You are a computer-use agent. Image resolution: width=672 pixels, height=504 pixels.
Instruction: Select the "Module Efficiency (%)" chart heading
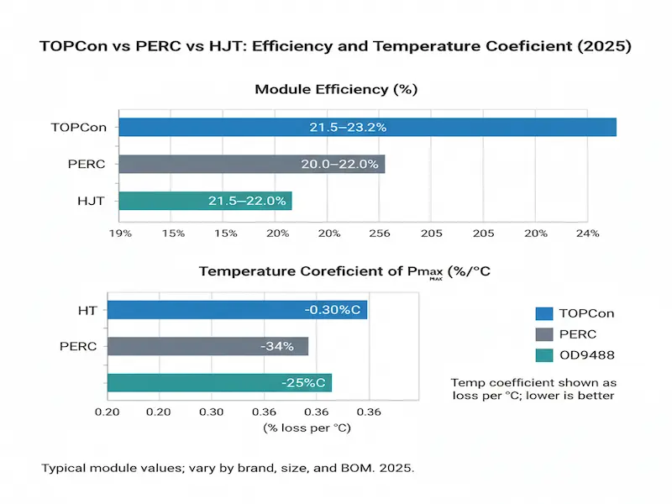336,89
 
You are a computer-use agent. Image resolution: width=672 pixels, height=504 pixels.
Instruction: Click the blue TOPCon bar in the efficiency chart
367,127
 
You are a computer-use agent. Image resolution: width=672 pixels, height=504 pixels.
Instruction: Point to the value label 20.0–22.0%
339,164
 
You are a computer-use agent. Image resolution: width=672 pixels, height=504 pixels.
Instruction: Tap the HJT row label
92,201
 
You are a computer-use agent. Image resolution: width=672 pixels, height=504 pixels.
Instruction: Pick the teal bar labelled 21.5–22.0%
205,201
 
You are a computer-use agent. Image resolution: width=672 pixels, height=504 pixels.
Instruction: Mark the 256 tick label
381,233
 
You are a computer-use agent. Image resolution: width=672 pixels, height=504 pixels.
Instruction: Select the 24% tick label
587,233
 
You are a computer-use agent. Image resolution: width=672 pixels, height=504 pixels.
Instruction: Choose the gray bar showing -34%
209,346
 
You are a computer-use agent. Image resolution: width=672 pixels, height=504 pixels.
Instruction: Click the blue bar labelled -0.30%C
238,310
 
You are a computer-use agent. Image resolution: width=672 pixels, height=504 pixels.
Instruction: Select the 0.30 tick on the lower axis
211,412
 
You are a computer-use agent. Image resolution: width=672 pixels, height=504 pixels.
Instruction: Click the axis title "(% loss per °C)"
307,428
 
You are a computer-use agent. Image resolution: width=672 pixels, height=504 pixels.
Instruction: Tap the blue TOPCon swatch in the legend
545,314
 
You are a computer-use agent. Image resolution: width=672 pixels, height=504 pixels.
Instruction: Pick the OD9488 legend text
586,355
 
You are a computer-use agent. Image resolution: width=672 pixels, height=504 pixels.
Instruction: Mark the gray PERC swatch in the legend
545,335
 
